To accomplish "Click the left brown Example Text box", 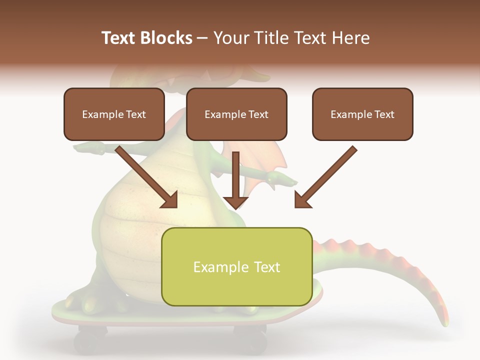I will pyautogui.click(x=114, y=114).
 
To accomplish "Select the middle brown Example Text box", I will pyautogui.click(x=236, y=114).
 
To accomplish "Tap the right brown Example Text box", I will pyautogui.click(x=362, y=114).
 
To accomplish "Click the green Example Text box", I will pyautogui.click(x=236, y=266).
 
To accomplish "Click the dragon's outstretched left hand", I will pyautogui.click(x=85, y=147).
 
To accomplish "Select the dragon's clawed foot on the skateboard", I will pyautogui.click(x=82, y=300).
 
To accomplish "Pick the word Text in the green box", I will pyautogui.click(x=266, y=266).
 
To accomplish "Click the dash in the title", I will pyautogui.click(x=202, y=38).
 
